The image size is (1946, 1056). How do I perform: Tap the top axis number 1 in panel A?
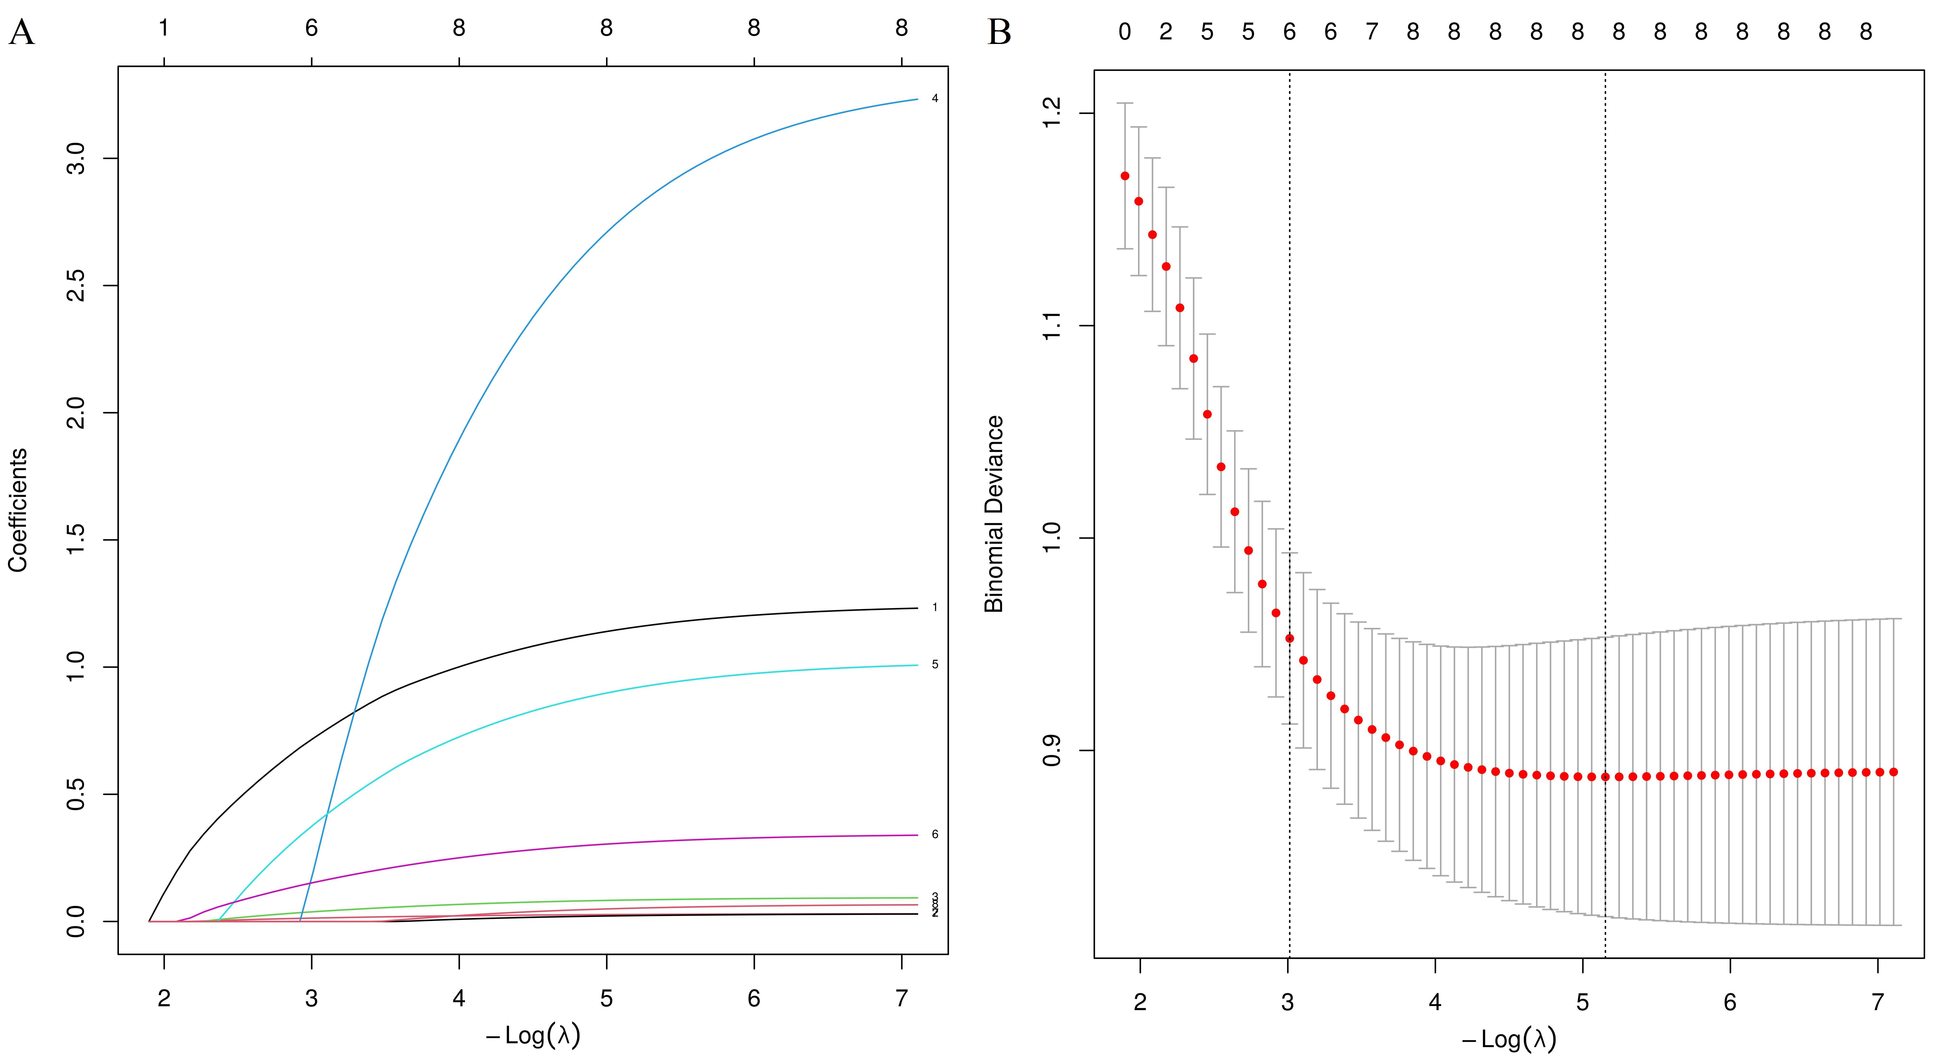tap(163, 29)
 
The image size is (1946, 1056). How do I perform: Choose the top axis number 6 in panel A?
tap(311, 29)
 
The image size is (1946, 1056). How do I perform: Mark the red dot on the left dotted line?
tap(1290, 638)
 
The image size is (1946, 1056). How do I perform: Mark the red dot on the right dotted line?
tap(1605, 777)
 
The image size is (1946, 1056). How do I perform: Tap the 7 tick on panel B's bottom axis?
tap(1877, 1003)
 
